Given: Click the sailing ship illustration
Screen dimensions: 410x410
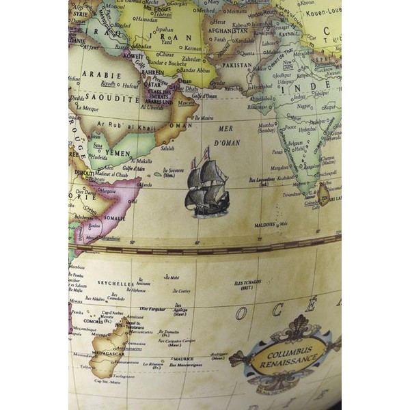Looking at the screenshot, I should tap(207, 183).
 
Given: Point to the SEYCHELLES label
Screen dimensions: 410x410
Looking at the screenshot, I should tap(115, 283).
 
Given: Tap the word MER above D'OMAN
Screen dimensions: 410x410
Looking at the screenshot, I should tap(225, 128).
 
